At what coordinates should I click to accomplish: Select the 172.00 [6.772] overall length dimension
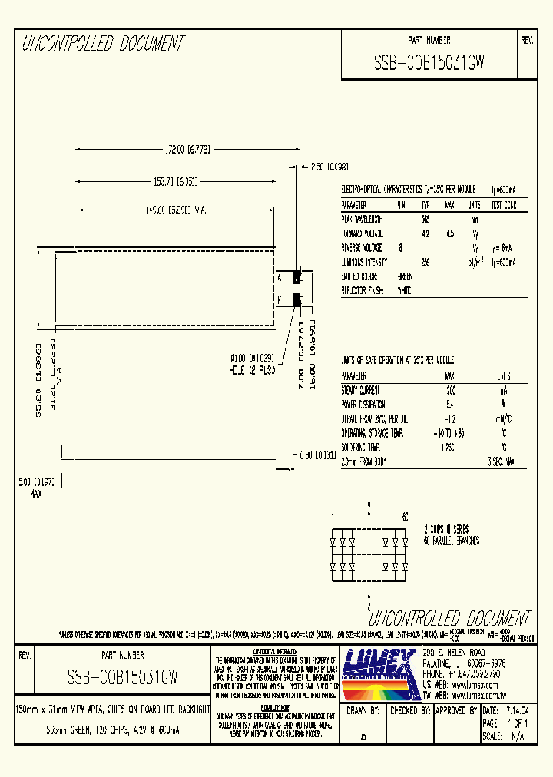[x=177, y=150]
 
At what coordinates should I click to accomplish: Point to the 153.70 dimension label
[x=177, y=181]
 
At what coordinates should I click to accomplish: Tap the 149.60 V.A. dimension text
[x=177, y=210]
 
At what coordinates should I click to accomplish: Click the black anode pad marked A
[x=297, y=278]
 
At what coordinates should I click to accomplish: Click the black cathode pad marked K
[x=297, y=299]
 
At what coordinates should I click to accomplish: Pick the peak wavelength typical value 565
[x=426, y=219]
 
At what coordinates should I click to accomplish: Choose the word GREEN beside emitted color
[x=405, y=276]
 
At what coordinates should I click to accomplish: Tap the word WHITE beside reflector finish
[x=404, y=291]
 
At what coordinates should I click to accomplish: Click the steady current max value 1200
[x=450, y=390]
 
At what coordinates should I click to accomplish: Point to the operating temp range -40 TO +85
[x=449, y=433]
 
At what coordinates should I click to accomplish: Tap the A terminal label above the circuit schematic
[x=369, y=501]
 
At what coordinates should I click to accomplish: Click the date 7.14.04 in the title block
[x=516, y=712]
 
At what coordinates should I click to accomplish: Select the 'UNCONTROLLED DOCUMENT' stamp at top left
[x=103, y=44]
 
